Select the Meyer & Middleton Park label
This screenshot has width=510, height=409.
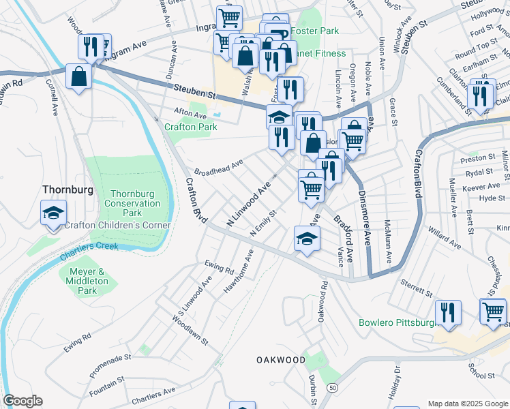pyautogui.click(x=88, y=281)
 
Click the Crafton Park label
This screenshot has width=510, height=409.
pyautogui.click(x=190, y=127)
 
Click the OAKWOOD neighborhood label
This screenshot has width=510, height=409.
pyautogui.click(x=281, y=359)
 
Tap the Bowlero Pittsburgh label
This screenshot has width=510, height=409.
pyautogui.click(x=396, y=322)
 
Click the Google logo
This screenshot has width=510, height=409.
pyautogui.click(x=22, y=401)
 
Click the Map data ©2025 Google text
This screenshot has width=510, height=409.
pyautogui.click(x=467, y=404)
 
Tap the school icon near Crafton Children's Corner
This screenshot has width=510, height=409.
pyautogui.click(x=53, y=213)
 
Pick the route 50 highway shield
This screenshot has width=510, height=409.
pyautogui.click(x=331, y=388)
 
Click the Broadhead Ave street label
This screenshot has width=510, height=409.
pyautogui.click(x=218, y=166)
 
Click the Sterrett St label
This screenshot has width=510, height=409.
pyautogui.click(x=417, y=286)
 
